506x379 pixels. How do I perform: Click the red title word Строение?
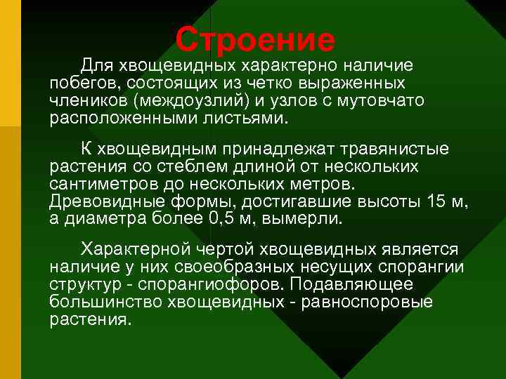255,40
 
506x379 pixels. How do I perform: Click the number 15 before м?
437,201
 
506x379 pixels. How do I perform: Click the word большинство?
105,302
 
